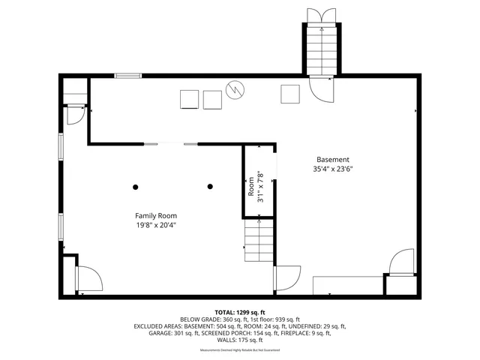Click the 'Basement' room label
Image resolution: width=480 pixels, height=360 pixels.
(332, 159)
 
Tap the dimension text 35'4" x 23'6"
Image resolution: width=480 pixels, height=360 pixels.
(332, 169)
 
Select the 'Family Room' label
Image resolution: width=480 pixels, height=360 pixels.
(156, 214)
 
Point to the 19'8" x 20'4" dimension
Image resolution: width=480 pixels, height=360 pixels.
(156, 225)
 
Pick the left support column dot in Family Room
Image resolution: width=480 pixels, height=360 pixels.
(136, 187)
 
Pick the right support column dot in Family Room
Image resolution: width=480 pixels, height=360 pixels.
(210, 187)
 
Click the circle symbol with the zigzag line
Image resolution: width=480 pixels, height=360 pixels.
(236, 90)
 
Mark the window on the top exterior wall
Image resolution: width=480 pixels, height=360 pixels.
(128, 75)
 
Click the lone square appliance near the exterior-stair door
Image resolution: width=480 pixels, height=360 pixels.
(290, 94)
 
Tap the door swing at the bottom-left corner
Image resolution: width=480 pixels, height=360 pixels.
(87, 280)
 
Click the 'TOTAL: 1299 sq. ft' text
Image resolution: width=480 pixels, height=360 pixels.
(240, 312)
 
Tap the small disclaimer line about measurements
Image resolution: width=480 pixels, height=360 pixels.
(240, 350)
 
